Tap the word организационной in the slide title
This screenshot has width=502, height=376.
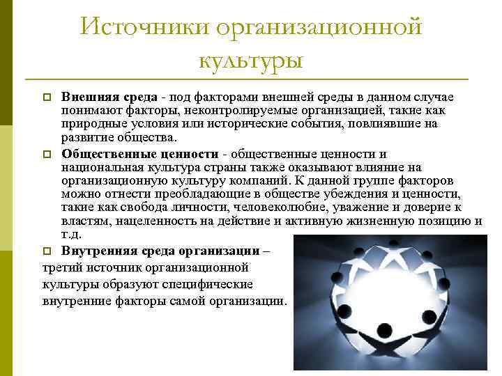(320, 28)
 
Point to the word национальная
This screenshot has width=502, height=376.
(102, 167)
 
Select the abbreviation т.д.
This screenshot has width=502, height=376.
(70, 235)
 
